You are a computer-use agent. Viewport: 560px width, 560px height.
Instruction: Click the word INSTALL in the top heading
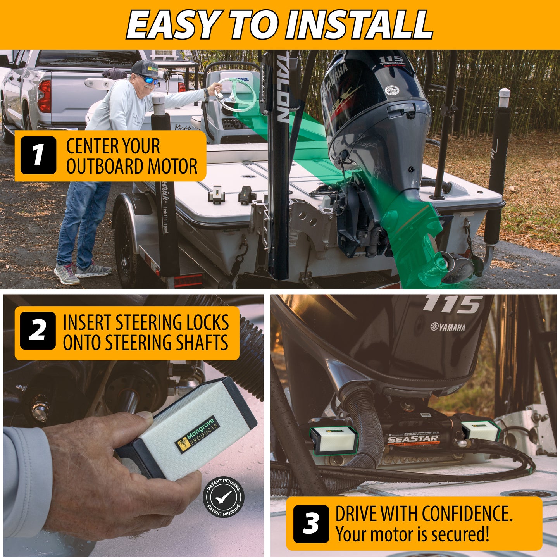pyautogui.click(x=358, y=24)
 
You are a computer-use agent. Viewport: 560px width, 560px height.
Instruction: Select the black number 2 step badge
pyautogui.click(x=38, y=331)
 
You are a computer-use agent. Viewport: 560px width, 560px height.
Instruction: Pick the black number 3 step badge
pyautogui.click(x=311, y=523)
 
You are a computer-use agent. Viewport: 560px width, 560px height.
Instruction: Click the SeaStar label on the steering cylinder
pyautogui.click(x=414, y=439)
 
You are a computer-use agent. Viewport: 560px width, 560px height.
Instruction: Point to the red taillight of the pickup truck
pyautogui.click(x=45, y=96)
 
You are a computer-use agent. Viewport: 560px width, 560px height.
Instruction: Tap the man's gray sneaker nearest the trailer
pyautogui.click(x=93, y=271)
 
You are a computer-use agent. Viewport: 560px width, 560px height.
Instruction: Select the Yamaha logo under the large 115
pyautogui.click(x=448, y=327)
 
